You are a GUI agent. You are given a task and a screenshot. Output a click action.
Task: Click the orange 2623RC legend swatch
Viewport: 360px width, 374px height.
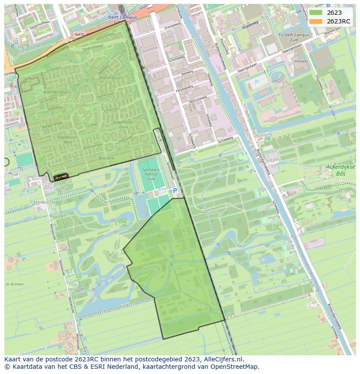pyautogui.click(x=316, y=21)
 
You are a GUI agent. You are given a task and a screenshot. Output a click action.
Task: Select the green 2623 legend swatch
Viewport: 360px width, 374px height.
pyautogui.click(x=316, y=13)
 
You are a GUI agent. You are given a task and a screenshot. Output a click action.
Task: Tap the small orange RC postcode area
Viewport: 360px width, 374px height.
pyautogui.click(x=61, y=176)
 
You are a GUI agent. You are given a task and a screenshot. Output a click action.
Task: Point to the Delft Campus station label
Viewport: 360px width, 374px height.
pyautogui.click(x=122, y=17)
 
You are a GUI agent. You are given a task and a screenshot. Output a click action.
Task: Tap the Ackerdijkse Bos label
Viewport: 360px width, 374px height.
pyautogui.click(x=340, y=170)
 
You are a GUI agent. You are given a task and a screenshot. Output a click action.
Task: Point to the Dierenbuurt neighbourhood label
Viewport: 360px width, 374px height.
pyautogui.click(x=111, y=77)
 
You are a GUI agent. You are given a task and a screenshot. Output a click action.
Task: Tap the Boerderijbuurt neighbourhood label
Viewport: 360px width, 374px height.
pyautogui.click(x=57, y=92)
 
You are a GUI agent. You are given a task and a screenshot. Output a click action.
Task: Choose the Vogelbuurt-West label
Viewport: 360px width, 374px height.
pyautogui.click(x=61, y=139)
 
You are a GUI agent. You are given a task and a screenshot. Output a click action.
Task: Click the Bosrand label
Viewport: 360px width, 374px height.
pyautogui.click(x=106, y=158)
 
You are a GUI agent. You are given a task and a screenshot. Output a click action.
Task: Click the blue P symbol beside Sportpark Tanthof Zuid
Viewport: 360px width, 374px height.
pyautogui.click(x=175, y=190)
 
